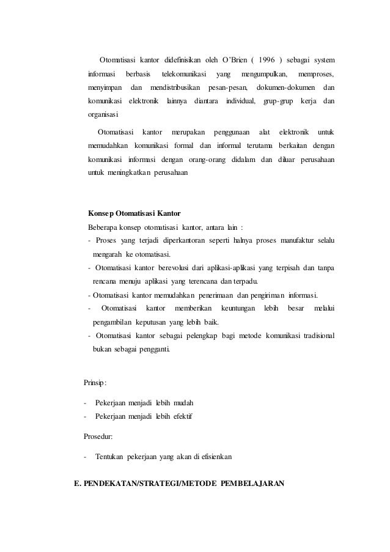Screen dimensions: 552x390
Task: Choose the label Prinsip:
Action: click(x=95, y=383)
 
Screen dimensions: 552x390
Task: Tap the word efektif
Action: click(x=179, y=417)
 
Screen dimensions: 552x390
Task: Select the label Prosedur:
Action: click(x=98, y=436)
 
